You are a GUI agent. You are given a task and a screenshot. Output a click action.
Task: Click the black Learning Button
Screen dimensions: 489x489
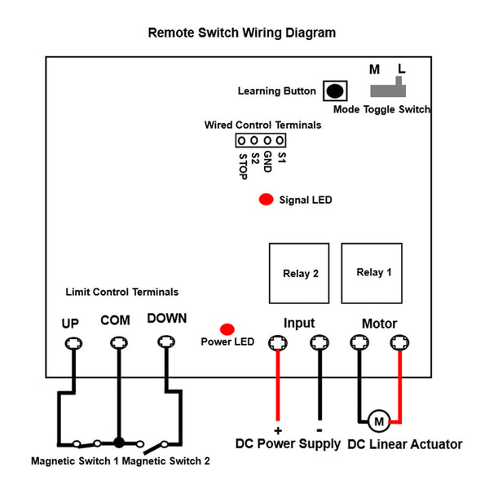(x=335, y=90)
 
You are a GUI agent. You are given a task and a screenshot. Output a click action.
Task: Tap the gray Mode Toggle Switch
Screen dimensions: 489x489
(x=388, y=90)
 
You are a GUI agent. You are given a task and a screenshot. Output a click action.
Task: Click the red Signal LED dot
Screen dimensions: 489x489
(x=266, y=200)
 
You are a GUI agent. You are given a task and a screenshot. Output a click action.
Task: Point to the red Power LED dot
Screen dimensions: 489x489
(x=227, y=329)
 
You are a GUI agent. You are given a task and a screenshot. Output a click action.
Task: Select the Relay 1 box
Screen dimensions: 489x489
(x=372, y=273)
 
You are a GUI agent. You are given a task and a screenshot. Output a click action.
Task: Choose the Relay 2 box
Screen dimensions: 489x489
(x=299, y=273)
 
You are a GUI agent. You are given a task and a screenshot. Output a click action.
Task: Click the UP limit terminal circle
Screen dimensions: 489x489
(x=73, y=343)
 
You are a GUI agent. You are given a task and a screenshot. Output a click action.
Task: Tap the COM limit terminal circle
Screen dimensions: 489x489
(x=119, y=343)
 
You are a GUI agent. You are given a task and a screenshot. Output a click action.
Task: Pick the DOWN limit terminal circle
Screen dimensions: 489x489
(x=166, y=341)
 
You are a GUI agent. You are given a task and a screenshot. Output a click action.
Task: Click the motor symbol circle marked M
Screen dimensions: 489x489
(x=379, y=421)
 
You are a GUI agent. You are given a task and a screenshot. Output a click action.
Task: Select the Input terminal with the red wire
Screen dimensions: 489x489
(x=278, y=343)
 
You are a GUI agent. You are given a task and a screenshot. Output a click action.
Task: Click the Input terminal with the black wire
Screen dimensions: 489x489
(x=319, y=343)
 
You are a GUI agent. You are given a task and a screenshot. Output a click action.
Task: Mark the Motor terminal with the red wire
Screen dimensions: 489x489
(x=399, y=342)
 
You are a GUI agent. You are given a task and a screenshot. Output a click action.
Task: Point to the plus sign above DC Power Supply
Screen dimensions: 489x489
(x=278, y=430)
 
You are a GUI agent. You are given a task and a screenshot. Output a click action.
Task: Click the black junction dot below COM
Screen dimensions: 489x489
(x=119, y=443)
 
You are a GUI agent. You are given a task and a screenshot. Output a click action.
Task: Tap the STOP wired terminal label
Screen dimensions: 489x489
(x=243, y=166)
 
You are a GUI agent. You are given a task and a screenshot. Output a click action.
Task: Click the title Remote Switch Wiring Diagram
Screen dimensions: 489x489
(x=242, y=33)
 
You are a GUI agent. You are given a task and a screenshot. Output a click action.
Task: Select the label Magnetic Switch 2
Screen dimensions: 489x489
(x=166, y=460)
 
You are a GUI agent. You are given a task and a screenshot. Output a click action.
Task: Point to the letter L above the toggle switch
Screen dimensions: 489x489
(x=401, y=69)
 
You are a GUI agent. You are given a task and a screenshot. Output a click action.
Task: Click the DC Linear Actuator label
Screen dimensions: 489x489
(x=405, y=444)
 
